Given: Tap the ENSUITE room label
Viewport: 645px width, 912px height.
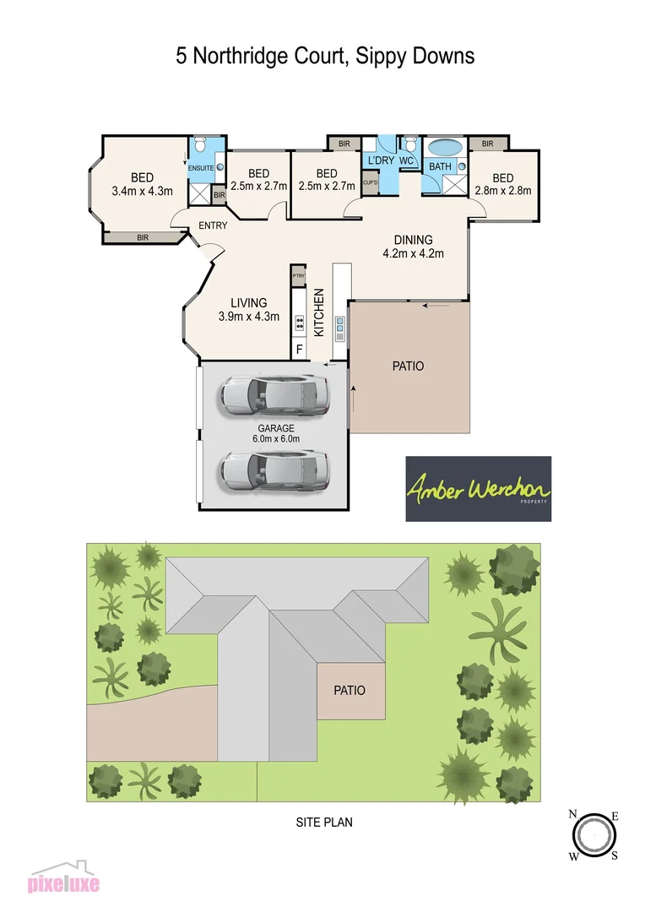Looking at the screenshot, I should tap(200, 168).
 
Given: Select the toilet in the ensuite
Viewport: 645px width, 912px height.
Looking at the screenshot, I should tap(201, 146).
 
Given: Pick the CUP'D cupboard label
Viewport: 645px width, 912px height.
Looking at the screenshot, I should tap(370, 182).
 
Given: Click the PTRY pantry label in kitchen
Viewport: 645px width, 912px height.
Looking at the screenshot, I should tap(298, 276).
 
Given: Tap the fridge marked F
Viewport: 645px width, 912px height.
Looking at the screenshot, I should tap(299, 347).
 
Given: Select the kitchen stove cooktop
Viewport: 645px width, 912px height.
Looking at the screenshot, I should tap(299, 322).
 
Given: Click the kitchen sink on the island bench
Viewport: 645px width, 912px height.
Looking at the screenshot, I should tap(340, 327).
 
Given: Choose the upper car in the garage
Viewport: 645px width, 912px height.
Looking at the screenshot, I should tap(274, 394).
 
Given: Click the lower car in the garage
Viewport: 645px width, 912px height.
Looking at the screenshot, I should tap(274, 468).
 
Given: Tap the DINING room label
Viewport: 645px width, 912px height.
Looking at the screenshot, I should tap(413, 240).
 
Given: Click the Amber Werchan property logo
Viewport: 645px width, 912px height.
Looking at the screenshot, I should tap(478, 489).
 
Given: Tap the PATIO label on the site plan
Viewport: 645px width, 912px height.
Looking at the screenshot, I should tap(350, 690).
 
